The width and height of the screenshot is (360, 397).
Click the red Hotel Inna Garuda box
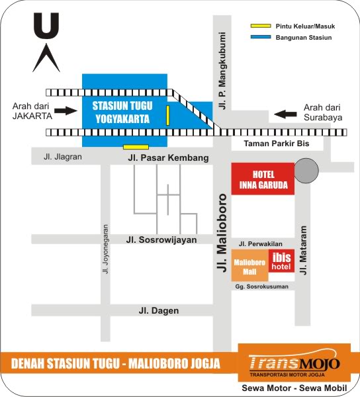(x=263, y=178)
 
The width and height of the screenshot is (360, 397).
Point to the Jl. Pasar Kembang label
(x=168, y=158)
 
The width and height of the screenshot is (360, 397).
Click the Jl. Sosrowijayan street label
(x=162, y=240)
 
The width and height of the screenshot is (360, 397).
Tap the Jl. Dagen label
(x=158, y=310)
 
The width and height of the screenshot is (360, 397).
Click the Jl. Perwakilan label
(x=260, y=243)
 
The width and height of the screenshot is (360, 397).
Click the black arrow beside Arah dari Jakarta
(x=67, y=110)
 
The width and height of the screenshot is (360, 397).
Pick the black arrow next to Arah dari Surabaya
(x=287, y=114)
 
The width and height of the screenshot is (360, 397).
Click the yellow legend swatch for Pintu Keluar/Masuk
(x=259, y=26)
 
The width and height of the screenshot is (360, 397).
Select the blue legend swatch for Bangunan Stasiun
(x=259, y=37)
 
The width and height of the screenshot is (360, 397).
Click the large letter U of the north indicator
(x=46, y=26)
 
